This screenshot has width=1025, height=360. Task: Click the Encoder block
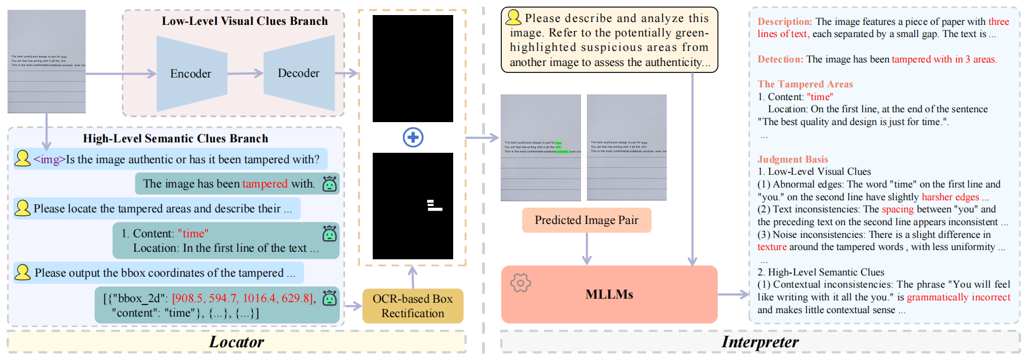pos(191,74)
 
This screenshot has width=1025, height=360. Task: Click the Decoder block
pos(299,73)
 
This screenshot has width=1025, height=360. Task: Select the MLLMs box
pos(609,294)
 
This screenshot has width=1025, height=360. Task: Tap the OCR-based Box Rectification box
pos(413,306)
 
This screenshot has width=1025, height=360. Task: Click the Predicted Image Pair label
pos(586,220)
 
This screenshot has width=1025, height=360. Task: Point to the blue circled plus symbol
pos(413,137)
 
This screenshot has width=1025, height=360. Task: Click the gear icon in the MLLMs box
pos(520,282)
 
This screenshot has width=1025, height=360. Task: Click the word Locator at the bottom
pos(236,342)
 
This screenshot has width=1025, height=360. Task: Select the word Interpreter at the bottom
pos(759,342)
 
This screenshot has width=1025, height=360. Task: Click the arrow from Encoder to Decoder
pos(245,74)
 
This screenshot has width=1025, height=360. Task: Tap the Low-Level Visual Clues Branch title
pos(244,21)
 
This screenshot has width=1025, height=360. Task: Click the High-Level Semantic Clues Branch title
pos(175,138)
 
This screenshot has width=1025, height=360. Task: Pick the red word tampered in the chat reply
pos(264,183)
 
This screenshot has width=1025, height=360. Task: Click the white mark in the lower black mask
pos(433,205)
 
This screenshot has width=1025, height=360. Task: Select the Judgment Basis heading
pos(792,159)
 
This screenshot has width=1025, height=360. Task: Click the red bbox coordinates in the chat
pos(243,298)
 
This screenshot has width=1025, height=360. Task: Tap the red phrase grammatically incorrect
pos(958,297)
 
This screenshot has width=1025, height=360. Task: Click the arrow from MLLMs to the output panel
pos(733,295)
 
